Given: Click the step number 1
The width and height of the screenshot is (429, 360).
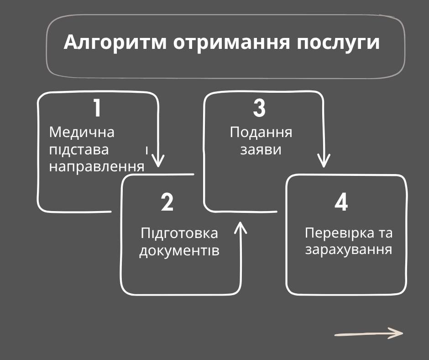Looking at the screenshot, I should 97,108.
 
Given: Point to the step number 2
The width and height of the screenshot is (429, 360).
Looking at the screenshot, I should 167,202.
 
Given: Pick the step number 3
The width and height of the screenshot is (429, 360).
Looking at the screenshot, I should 259,108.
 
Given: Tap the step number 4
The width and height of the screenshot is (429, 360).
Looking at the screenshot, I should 341,202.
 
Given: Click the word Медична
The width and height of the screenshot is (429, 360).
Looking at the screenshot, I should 82,132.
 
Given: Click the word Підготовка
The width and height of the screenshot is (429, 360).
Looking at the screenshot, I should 179,233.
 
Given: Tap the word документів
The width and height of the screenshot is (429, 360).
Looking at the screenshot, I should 179,251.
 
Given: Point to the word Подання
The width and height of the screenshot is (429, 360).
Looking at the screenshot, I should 261,132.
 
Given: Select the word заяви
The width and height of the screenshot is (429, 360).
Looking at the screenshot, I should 261,149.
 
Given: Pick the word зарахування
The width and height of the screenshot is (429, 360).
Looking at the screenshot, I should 349,250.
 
